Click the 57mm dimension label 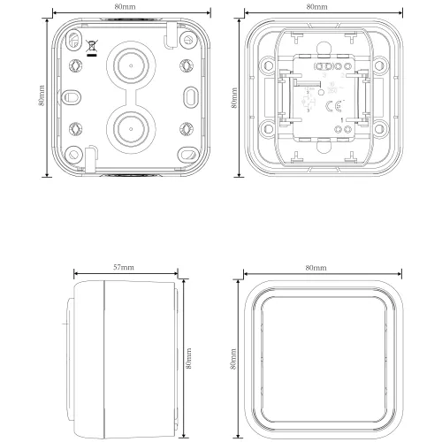point(124,267)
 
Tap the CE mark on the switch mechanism point(334,106)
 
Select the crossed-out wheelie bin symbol point(92,46)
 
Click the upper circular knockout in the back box point(131,65)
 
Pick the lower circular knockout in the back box point(131,129)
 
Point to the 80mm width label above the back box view point(126,6)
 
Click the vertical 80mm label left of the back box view point(42,95)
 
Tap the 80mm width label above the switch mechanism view point(316,6)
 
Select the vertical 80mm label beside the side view point(188,358)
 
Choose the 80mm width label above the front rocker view point(316,268)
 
